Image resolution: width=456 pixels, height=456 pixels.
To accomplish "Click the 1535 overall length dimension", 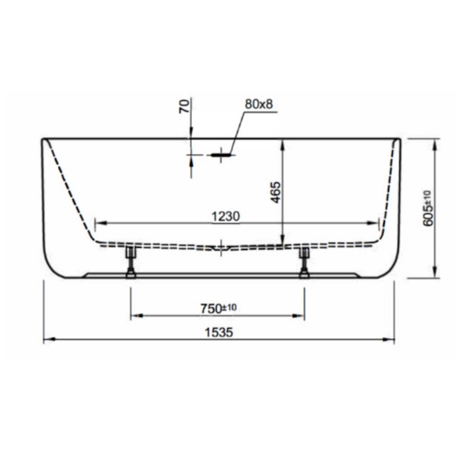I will point(218,332).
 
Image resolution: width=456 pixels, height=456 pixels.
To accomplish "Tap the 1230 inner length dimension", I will point(225,216).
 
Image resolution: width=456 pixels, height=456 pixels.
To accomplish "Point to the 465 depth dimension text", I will point(275,192).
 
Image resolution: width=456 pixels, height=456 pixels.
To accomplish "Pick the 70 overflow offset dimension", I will point(185,106).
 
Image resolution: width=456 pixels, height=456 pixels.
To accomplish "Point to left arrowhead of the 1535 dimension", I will point(47,340).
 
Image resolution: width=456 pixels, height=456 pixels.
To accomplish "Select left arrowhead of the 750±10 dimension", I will point(134,316).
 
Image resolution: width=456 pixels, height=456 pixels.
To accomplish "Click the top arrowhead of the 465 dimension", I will point(282,142).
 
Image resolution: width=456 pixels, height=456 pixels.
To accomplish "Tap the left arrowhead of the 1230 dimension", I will point(99,223).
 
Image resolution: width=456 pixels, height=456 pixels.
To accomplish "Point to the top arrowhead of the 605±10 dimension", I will point(435,142).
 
